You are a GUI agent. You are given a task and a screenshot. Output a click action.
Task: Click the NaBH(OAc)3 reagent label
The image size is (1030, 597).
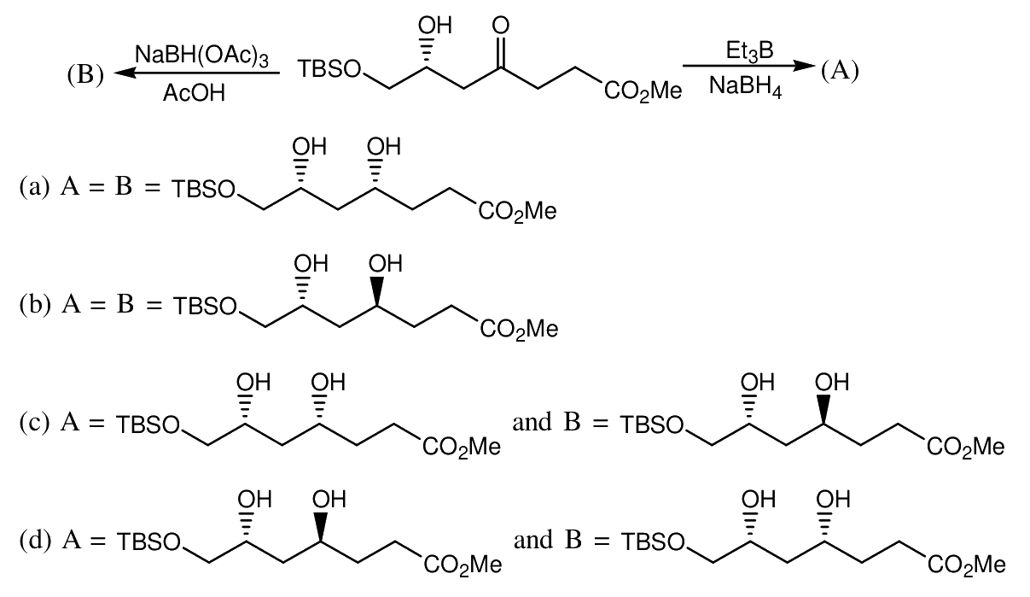pos(202,56)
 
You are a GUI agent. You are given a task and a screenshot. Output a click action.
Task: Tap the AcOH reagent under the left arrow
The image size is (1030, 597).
pos(194,93)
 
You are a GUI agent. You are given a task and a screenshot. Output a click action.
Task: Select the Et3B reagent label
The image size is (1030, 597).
pos(749,51)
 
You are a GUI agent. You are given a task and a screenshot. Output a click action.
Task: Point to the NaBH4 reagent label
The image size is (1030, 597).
pos(745,86)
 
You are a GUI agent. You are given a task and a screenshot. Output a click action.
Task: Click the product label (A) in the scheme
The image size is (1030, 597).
pos(840,72)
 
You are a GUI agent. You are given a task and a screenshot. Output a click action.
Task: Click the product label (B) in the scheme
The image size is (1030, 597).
pos(85,74)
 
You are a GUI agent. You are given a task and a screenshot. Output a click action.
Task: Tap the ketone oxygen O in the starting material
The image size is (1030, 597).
pos(501,26)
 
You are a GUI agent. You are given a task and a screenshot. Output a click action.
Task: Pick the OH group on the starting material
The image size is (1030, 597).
pos(435,26)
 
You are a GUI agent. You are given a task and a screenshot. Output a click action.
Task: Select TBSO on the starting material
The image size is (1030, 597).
pos(330,69)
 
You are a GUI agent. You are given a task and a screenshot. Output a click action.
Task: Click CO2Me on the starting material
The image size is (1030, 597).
pos(643,91)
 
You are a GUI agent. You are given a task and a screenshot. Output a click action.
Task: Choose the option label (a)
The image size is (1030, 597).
pos(34,187)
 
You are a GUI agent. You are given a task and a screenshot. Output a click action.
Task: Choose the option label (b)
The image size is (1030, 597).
pos(35,305)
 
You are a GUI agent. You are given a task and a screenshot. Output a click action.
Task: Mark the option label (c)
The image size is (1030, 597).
pos(34,423)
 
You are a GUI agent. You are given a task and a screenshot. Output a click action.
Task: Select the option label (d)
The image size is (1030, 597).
pos(35,540)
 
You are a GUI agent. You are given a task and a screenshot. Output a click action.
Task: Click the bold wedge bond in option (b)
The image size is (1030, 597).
pos(377,291)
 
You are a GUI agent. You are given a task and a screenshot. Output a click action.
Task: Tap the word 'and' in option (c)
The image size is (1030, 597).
pos(532,422)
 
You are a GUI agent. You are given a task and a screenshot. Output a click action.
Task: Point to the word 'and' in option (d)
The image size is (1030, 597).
pos(533,539)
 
